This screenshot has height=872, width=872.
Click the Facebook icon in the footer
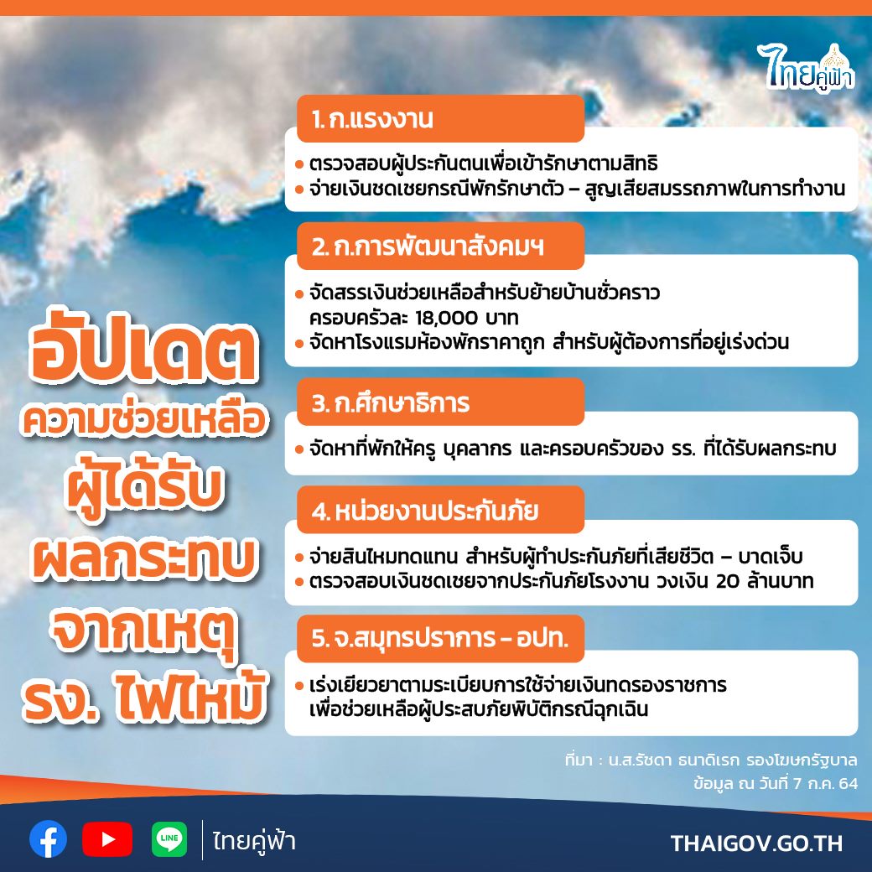[49, 839]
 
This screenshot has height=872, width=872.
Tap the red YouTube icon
[107, 839]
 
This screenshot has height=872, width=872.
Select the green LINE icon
[169, 839]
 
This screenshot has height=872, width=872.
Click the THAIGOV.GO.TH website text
[756, 843]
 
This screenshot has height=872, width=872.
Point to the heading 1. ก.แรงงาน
[372, 119]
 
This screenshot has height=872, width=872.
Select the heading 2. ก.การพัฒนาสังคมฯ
[428, 247]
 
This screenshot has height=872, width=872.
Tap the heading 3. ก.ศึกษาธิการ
[391, 402]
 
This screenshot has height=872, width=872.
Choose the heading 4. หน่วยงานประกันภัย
[425, 511]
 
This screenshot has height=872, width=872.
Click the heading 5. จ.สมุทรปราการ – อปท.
[440, 638]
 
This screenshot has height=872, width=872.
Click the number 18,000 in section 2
[447, 318]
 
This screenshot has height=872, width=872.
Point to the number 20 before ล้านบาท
[728, 581]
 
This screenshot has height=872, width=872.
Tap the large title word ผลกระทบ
[144, 558]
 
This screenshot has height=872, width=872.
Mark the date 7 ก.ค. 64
[826, 784]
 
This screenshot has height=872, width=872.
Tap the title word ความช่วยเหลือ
[143, 420]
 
